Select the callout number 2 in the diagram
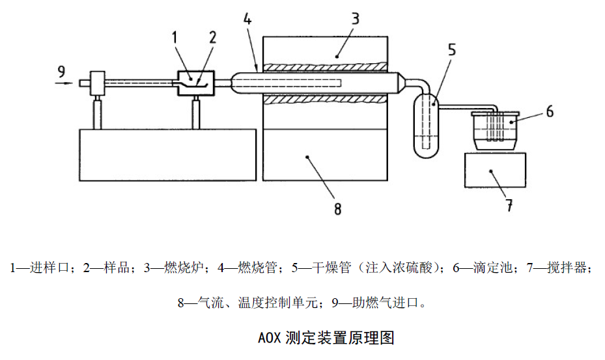212,37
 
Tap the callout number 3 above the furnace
354,18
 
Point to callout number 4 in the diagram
247,20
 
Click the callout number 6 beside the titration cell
549,111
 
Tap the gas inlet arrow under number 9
64,83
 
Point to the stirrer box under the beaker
495,171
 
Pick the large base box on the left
167,154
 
